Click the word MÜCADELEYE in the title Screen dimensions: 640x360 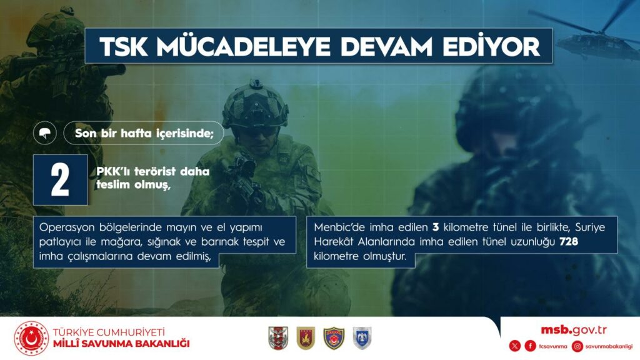point(243,46)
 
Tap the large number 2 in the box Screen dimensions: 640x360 point(60,180)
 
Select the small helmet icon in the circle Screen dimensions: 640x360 point(45,133)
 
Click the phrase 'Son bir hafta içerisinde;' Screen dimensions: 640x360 point(144,133)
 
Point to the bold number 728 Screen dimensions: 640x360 point(569,242)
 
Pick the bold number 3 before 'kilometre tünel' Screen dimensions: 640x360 point(436,227)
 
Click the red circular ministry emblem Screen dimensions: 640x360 point(31,338)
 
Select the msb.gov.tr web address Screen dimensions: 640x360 point(574,330)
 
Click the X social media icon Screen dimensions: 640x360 point(515,346)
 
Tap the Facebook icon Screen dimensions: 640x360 point(530,346)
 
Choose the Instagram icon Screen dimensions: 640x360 point(577,346)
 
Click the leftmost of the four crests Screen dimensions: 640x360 point(278,338)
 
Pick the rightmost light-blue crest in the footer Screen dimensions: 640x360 point(362,338)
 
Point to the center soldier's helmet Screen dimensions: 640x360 point(255,104)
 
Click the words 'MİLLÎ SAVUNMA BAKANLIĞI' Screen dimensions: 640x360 point(121,344)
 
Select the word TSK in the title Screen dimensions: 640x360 point(124,46)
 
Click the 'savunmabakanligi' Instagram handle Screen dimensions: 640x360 point(609,346)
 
